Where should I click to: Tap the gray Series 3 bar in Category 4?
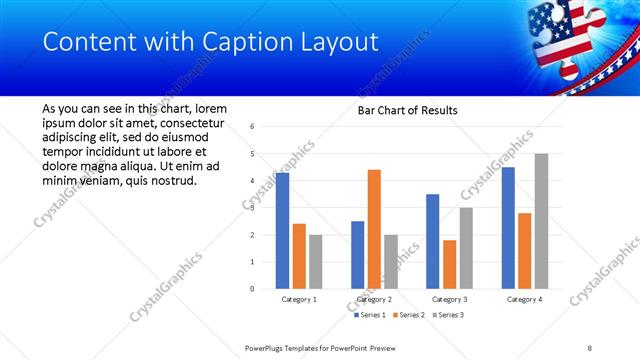coord(541,221)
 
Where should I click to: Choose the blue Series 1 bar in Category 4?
coord(508,228)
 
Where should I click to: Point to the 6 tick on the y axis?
coord(253,127)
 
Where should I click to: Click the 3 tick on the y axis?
coord(253,208)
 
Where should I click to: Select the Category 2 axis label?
coord(374,299)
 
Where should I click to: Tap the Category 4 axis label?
coord(524,299)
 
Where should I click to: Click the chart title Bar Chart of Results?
coord(407,110)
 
